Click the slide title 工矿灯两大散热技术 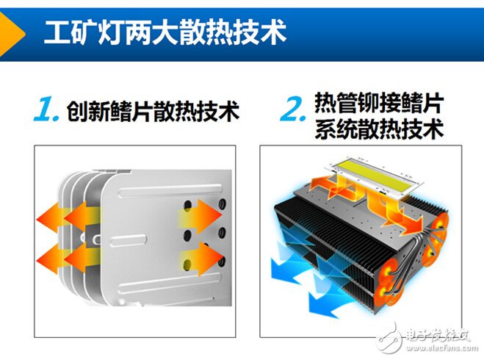165,33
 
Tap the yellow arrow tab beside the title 11,35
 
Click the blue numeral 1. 46,109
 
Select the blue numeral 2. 293,109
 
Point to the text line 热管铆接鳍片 379,103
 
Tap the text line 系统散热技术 379,128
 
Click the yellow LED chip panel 375,171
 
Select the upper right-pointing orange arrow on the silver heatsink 200,217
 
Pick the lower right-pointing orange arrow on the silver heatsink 201,259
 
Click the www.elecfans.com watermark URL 441,348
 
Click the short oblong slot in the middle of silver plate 128,240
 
